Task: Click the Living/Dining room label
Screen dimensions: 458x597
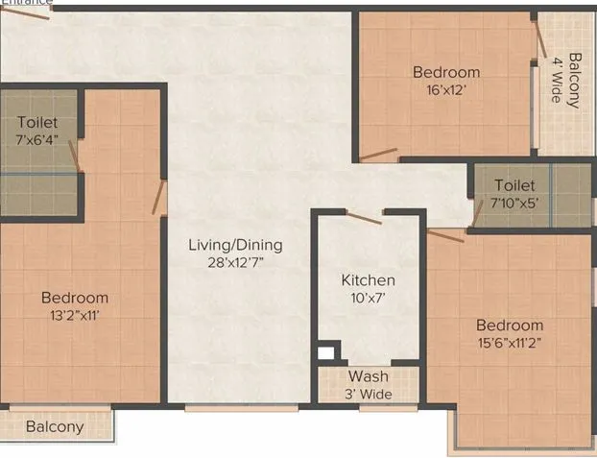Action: click(235, 245)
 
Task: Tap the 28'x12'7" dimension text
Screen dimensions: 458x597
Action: click(235, 262)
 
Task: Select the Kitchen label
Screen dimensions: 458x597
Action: click(369, 280)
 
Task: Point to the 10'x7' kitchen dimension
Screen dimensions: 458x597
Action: click(369, 298)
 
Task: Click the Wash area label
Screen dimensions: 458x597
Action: click(369, 376)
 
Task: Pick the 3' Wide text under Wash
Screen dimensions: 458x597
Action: click(369, 393)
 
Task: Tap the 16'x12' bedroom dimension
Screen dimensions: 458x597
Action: click(446, 89)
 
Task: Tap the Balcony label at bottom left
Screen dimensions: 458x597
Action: click(55, 426)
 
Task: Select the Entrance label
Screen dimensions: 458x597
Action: click(26, 3)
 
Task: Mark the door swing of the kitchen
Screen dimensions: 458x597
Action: click(364, 219)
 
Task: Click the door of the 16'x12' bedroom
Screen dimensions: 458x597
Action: click(378, 154)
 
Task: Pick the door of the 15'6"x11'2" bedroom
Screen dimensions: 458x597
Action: click(445, 235)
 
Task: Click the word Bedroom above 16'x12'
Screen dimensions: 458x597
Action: click(446, 72)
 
